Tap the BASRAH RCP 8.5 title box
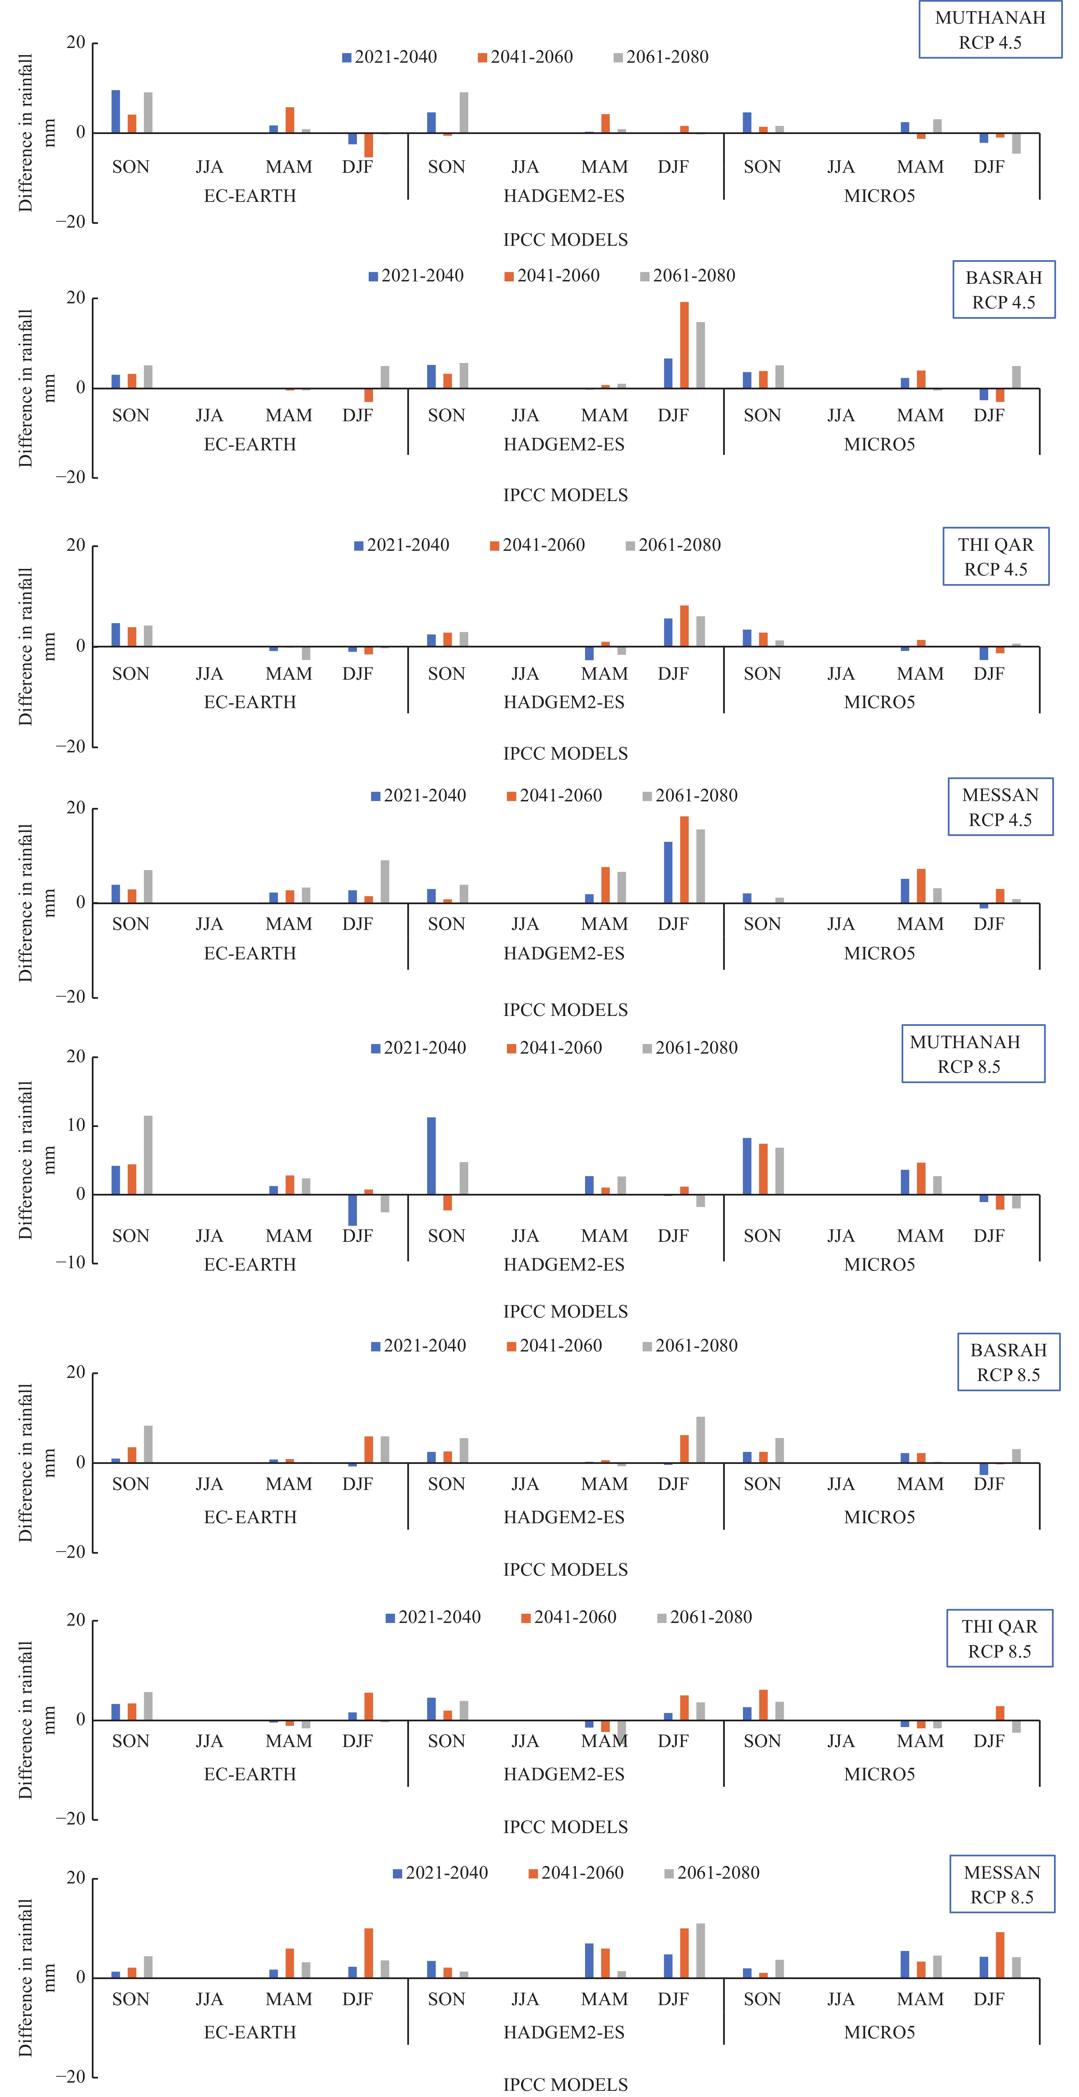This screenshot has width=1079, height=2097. pos(1008,1362)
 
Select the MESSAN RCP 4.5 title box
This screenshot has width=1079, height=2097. pos(1000,807)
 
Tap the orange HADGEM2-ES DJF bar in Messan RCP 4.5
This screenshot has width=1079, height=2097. pos(684,860)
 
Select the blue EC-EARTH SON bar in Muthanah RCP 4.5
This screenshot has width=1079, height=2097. pos(115,111)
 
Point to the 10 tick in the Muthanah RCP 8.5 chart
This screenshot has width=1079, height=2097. pos(76,1125)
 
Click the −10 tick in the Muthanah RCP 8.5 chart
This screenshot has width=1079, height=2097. pos(71,1263)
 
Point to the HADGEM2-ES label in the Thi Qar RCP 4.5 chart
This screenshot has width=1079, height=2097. pos(564,702)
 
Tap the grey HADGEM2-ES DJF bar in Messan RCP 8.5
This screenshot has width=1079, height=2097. pos(700,1950)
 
